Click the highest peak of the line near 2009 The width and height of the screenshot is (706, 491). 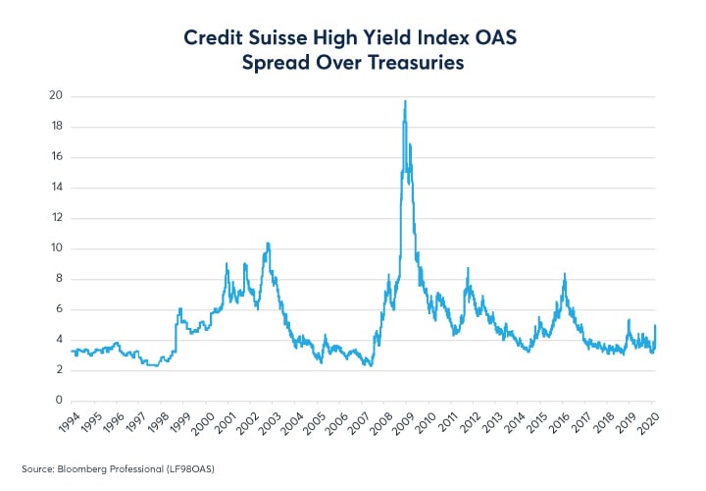pyautogui.click(x=405, y=101)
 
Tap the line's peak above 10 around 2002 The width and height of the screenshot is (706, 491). pyautogui.click(x=268, y=243)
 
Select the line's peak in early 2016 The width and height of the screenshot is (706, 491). pyautogui.click(x=565, y=274)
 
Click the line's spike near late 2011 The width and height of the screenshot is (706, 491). pyautogui.click(x=467, y=268)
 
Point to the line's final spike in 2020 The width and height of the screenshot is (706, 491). pyautogui.click(x=655, y=325)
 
